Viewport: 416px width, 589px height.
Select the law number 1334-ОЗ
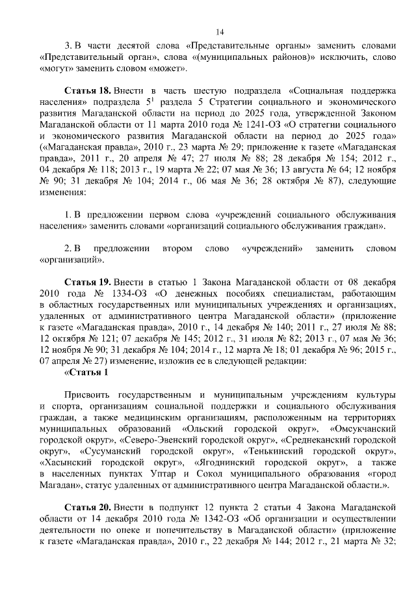pyautogui.click(x=129, y=293)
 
